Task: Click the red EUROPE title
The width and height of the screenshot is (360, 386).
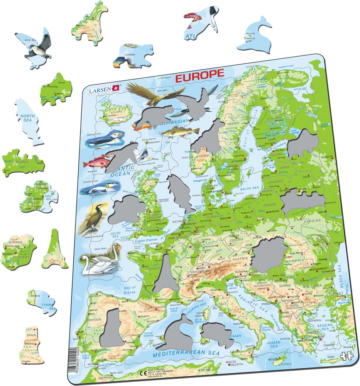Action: (x=199, y=75)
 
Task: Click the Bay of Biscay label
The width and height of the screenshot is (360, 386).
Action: (x=130, y=290)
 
